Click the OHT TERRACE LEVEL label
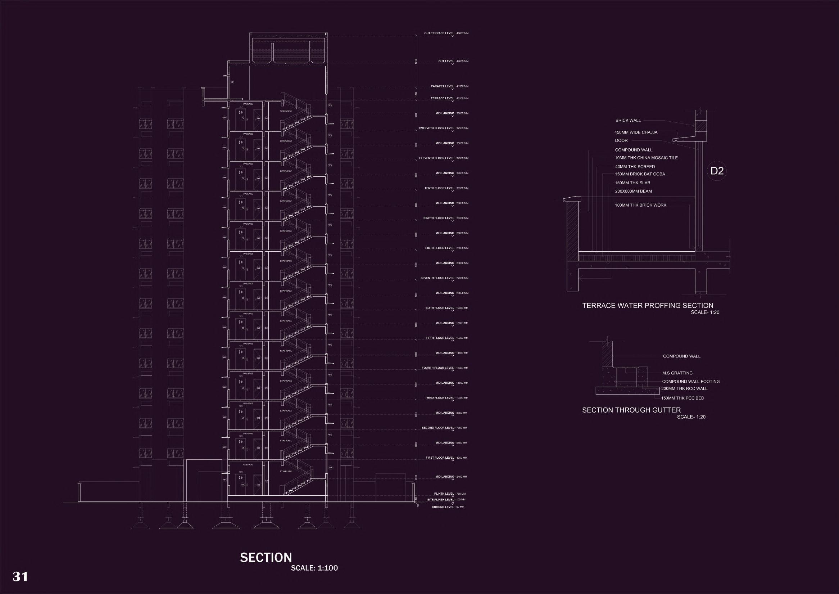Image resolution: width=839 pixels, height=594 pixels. [x=439, y=33]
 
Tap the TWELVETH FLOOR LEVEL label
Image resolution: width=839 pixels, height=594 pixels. [x=436, y=129]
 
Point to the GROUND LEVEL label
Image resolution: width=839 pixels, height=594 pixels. [x=443, y=507]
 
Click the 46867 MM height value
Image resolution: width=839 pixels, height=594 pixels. [x=462, y=33]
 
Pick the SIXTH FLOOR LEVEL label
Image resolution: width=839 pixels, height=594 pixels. [x=439, y=308]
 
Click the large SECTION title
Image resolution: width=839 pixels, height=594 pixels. [x=266, y=557]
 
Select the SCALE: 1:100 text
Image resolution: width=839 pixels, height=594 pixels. [x=314, y=568]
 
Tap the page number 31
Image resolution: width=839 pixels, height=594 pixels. [x=21, y=576]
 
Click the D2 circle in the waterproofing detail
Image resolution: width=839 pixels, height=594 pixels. [x=717, y=171]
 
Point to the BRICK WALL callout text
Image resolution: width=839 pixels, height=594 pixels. [x=628, y=120]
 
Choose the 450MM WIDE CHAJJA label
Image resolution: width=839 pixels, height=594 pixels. [x=636, y=132]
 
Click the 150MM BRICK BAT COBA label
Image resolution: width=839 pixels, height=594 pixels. [x=640, y=174]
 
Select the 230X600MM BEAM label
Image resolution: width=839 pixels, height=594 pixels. [x=633, y=191]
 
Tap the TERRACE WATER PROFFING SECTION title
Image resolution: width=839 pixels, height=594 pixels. [x=648, y=305]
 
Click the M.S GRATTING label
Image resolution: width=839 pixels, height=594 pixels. [x=677, y=373]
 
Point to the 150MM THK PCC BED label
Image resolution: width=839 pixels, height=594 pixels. [x=682, y=398]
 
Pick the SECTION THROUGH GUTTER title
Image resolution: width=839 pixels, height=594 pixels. [x=631, y=410]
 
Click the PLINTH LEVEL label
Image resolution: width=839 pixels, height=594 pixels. [x=444, y=494]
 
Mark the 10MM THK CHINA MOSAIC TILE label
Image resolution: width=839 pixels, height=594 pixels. [x=646, y=158]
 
